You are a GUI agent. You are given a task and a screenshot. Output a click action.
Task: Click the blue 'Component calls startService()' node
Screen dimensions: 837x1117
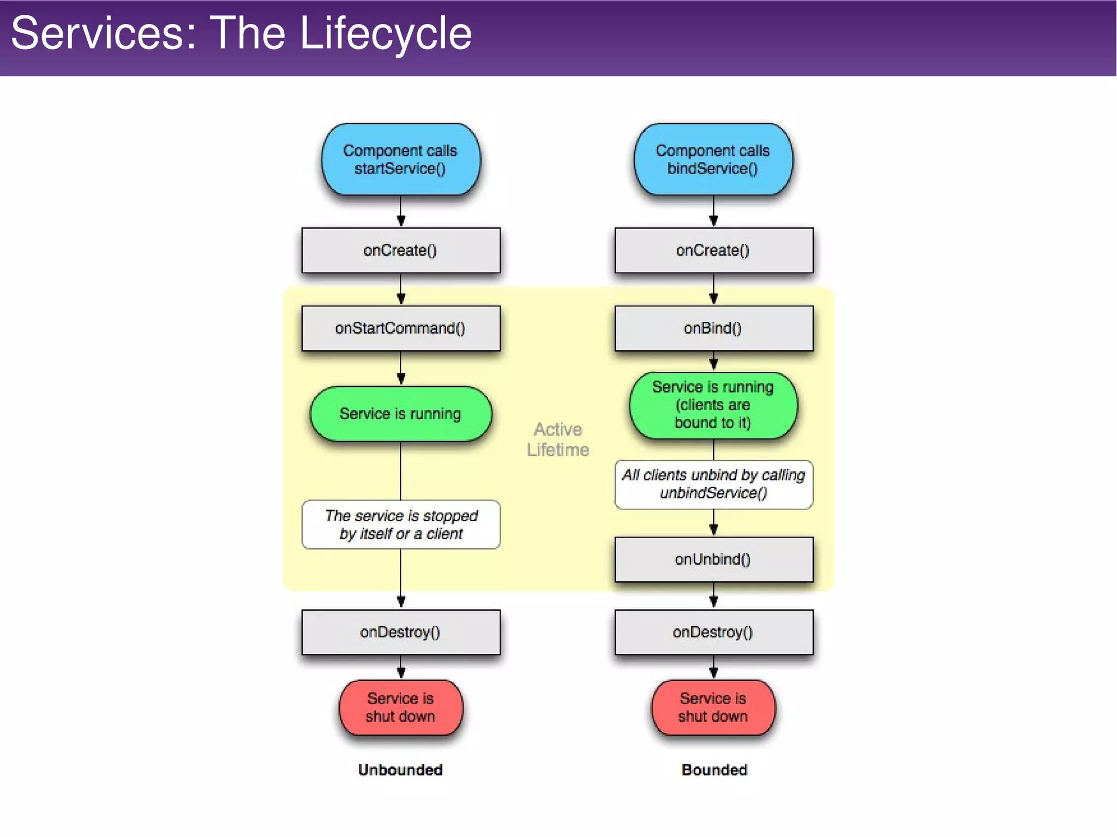[400, 159]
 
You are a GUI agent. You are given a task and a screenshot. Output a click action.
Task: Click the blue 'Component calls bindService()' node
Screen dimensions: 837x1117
[713, 159]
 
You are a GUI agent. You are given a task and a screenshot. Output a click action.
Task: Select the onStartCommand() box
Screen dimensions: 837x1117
[400, 328]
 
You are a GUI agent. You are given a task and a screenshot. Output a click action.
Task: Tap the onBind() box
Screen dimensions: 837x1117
[713, 328]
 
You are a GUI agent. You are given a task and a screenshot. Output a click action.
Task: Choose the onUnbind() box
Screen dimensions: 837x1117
[713, 559]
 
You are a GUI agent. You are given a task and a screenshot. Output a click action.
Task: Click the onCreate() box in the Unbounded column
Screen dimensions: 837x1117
[400, 250]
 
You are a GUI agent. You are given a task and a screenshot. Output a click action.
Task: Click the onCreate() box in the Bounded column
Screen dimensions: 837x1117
[713, 250]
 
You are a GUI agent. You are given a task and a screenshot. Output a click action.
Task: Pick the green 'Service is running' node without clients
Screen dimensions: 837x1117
[400, 414]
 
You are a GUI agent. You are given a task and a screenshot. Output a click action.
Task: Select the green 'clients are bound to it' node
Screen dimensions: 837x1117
[713, 405]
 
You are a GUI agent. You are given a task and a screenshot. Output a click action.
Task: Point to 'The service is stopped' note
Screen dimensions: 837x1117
[400, 525]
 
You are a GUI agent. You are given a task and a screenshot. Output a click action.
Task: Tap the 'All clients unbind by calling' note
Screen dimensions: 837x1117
[713, 484]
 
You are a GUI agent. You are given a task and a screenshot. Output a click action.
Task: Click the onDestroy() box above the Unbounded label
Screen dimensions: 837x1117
[400, 632]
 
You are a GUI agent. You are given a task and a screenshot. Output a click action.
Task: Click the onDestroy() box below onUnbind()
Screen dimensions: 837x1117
[713, 632]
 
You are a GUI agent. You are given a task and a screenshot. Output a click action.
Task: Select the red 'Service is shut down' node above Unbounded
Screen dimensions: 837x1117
[400, 707]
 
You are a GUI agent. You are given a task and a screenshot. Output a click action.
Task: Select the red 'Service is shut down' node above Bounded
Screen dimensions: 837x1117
[713, 707]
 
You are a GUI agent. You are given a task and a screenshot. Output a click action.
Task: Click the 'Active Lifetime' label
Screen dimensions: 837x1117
[557, 439]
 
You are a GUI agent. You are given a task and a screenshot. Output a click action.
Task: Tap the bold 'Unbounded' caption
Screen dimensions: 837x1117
[400, 770]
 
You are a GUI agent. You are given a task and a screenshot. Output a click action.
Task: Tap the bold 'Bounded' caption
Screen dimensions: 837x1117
[714, 770]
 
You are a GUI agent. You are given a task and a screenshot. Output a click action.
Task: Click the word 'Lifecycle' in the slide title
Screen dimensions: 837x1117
[386, 34]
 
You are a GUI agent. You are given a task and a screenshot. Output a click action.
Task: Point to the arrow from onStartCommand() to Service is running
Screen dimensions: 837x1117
[401, 369]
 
